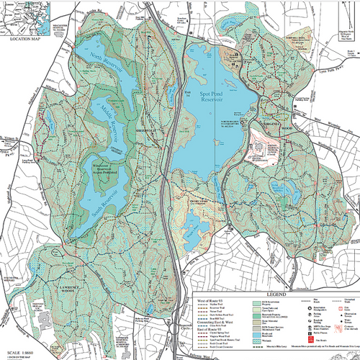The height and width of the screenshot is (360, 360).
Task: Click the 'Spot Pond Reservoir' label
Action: click(x=216, y=100)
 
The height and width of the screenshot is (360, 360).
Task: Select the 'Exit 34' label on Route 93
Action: click(x=189, y=94)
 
